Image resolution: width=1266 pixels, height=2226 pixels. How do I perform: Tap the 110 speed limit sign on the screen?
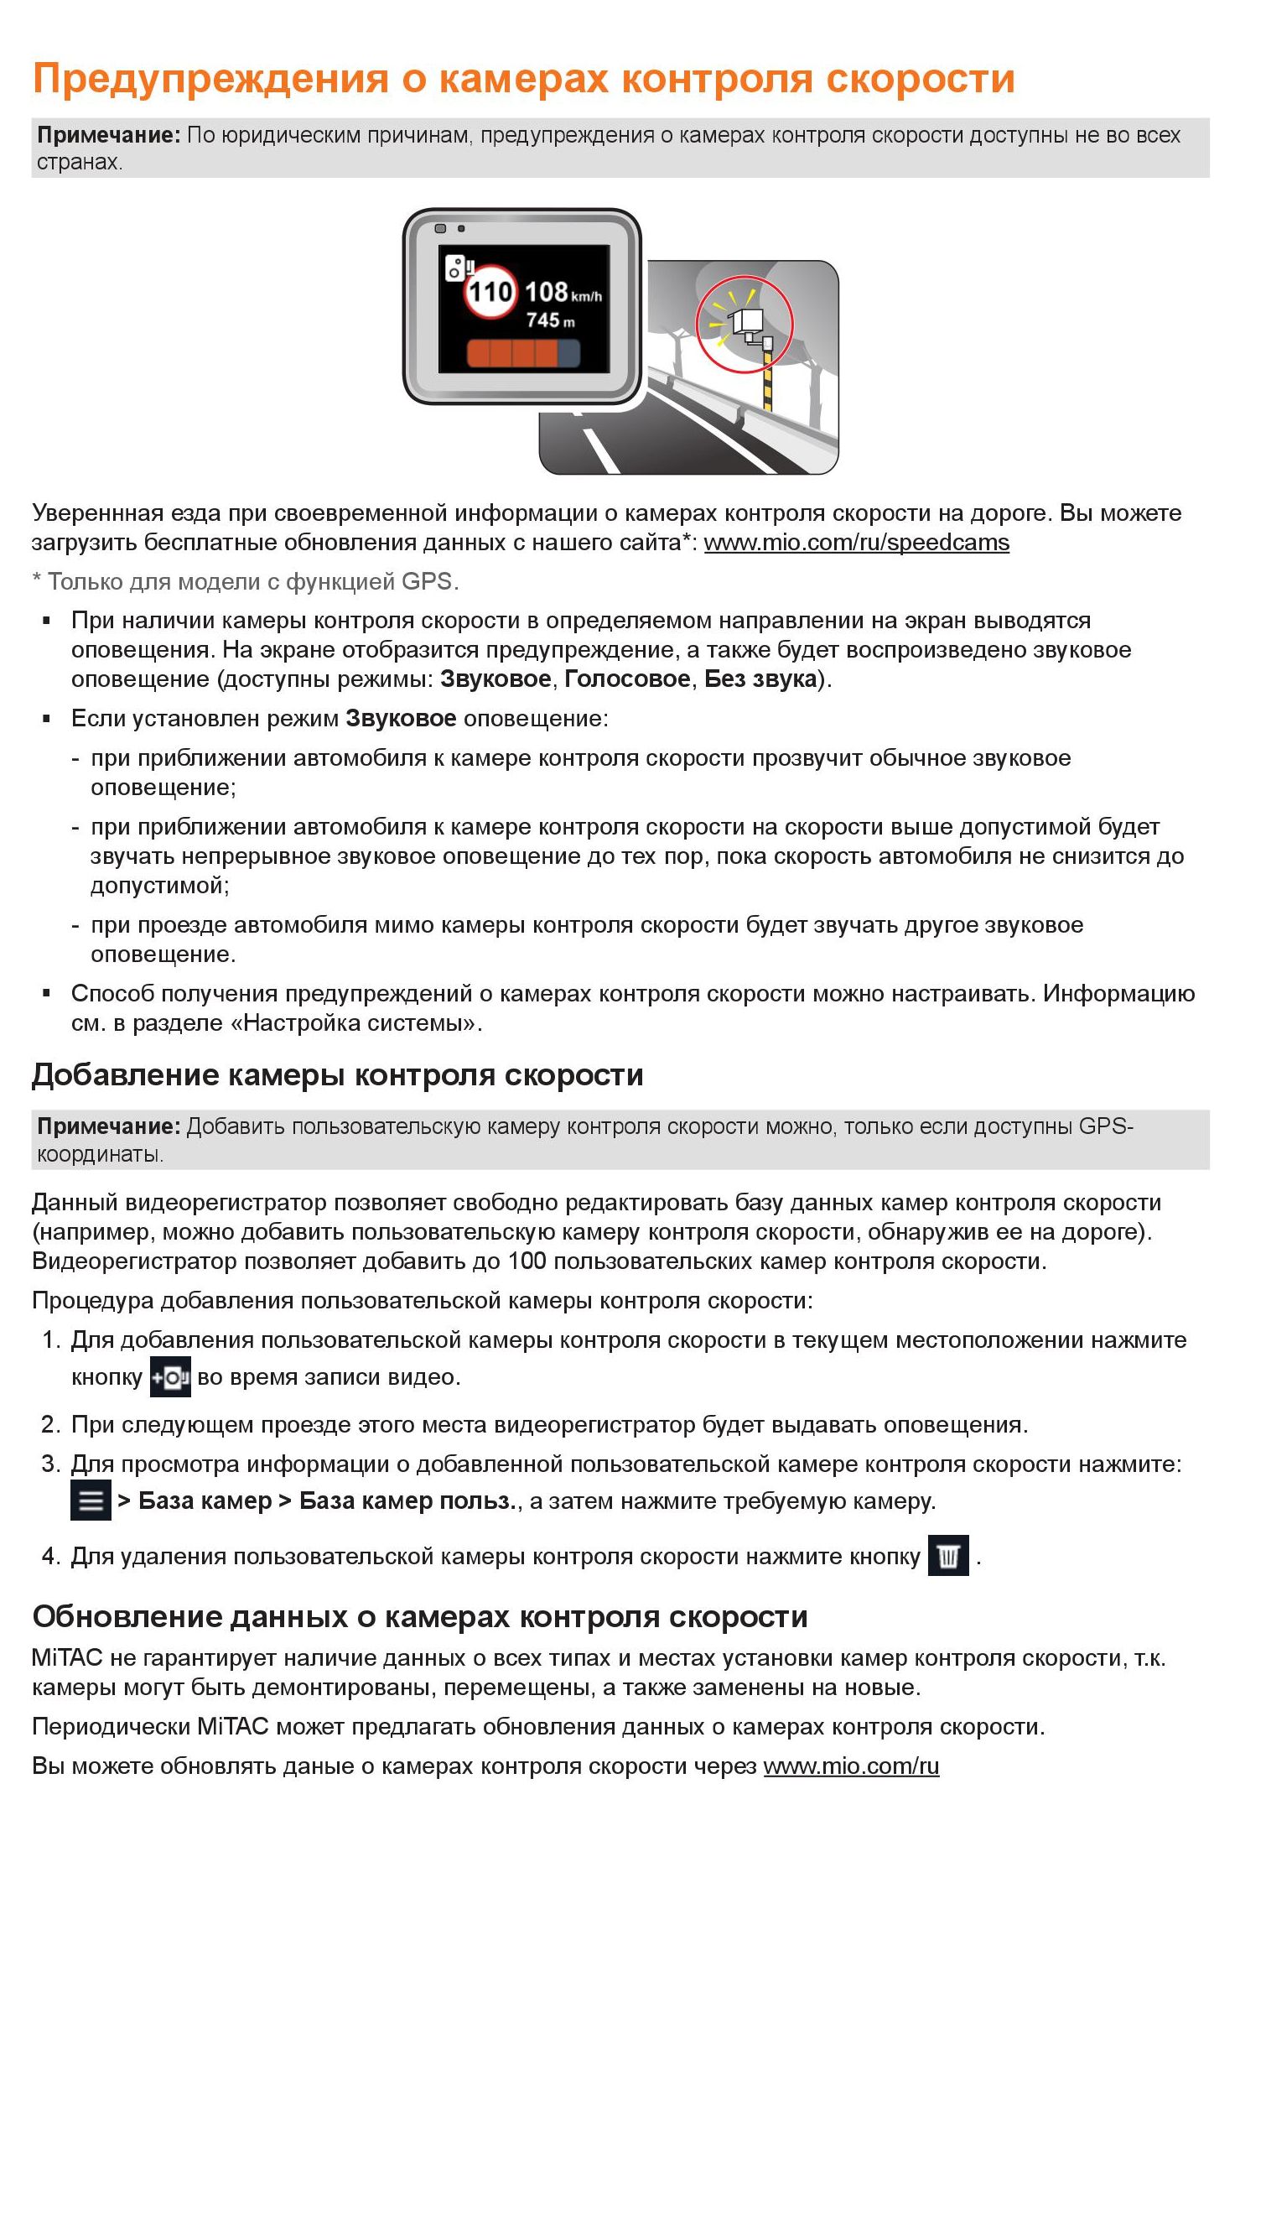491,291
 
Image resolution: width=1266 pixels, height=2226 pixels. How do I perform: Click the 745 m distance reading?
549,321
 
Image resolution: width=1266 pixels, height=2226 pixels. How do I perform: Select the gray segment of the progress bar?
568,353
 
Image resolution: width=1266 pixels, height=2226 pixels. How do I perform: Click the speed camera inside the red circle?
746,324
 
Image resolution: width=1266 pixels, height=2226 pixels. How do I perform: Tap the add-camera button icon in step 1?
169,1377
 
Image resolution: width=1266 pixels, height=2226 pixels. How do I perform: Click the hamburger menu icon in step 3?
91,1500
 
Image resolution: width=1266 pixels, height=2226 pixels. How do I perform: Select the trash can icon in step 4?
947,1556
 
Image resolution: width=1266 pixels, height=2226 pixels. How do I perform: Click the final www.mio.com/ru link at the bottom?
850,1766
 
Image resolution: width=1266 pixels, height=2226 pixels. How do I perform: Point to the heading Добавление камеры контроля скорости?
337,1075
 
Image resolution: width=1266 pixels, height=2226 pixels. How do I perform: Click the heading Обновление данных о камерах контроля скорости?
420,1617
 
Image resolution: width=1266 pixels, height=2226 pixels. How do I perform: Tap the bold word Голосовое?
627,679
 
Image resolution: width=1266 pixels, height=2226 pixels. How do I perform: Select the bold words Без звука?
760,679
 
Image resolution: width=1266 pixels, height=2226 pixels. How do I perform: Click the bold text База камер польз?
407,1501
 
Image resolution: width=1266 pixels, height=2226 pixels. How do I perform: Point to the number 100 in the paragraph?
527,1261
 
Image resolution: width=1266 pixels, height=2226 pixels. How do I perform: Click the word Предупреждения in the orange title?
210,78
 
